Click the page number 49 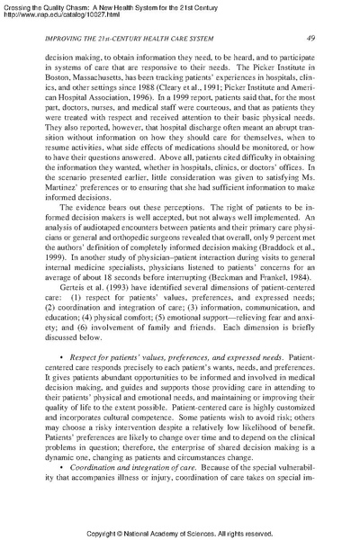click(309, 37)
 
